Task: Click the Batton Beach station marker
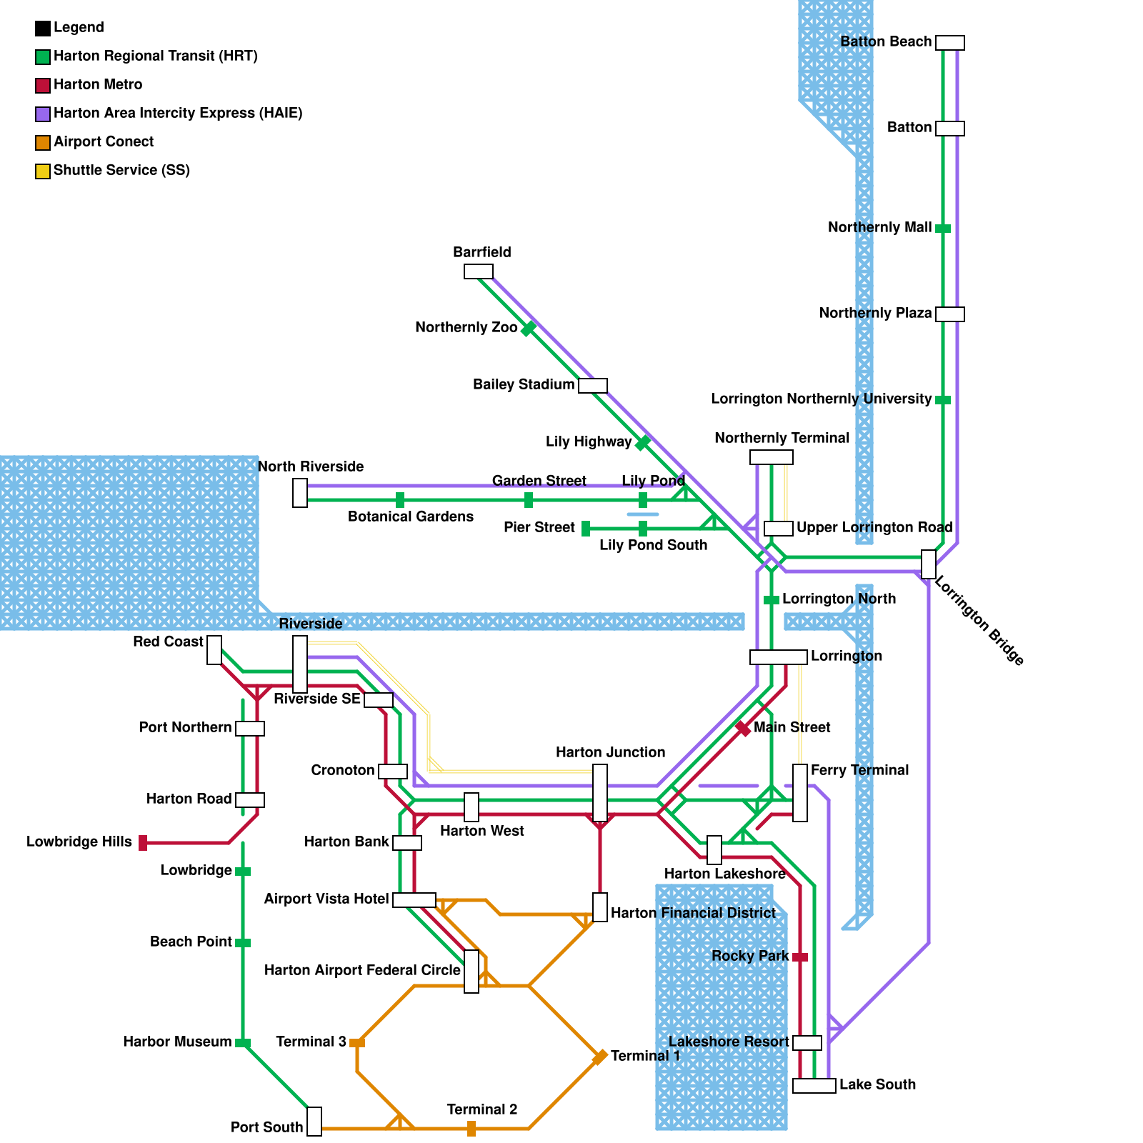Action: pos(950,43)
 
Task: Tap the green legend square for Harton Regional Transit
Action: pos(43,57)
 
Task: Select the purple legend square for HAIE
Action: pos(43,114)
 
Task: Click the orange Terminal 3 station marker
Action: pos(357,1043)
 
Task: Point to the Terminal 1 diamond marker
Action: pos(600,1057)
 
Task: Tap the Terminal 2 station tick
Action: pos(471,1129)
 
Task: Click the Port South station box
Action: pos(314,1122)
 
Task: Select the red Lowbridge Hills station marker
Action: pos(143,843)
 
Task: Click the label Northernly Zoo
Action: pos(466,328)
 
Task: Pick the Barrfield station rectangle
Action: pos(479,271)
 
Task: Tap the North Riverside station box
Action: pos(300,493)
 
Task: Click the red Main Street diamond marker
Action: pos(743,729)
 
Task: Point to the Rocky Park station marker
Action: pos(800,957)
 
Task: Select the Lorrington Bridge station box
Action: pos(929,564)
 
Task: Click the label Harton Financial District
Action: pos(693,913)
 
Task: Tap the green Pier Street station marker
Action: pos(586,529)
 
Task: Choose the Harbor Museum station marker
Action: pos(243,1043)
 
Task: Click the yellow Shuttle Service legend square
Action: pos(43,171)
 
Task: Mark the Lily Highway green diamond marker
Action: pos(643,443)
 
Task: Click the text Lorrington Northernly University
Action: pos(822,399)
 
